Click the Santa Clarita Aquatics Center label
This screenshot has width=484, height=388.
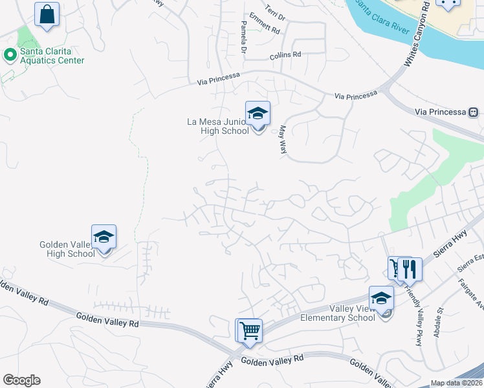coord(52,56)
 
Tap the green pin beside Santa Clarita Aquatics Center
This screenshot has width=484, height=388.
coord(10,56)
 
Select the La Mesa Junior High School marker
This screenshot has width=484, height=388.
coord(258,114)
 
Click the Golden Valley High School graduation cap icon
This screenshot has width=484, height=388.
coord(104,237)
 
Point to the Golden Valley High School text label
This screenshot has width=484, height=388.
coord(67,249)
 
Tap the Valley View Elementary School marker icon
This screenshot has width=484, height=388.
coord(382,299)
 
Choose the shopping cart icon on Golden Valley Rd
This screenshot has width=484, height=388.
coord(249,331)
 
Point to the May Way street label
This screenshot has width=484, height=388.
coord(283,139)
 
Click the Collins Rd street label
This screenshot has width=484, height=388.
coord(286,56)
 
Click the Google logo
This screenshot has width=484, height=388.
coord(21,380)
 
